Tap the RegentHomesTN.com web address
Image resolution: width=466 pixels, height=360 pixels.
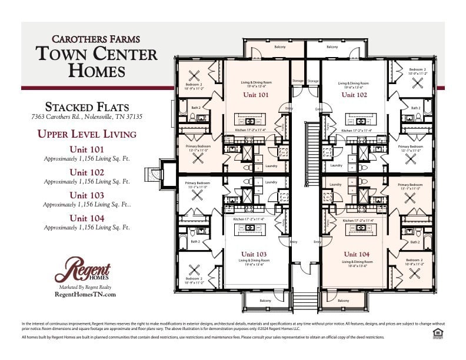85,295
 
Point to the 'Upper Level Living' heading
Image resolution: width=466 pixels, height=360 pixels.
86,134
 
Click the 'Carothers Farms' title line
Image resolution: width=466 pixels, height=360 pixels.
96,39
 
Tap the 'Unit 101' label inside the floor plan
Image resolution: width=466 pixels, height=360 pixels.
255,94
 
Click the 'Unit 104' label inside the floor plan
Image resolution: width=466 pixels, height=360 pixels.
357,254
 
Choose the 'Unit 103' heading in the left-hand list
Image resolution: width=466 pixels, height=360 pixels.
86,195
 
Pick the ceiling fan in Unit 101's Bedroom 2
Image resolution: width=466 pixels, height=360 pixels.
195,77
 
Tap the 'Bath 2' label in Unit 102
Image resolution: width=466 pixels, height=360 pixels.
415,108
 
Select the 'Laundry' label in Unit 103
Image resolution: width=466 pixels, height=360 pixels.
271,182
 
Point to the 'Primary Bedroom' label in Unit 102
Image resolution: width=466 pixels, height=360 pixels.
410,146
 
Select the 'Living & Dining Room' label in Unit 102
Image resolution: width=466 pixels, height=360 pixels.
354,84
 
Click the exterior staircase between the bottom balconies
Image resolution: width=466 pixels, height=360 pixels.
305,301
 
